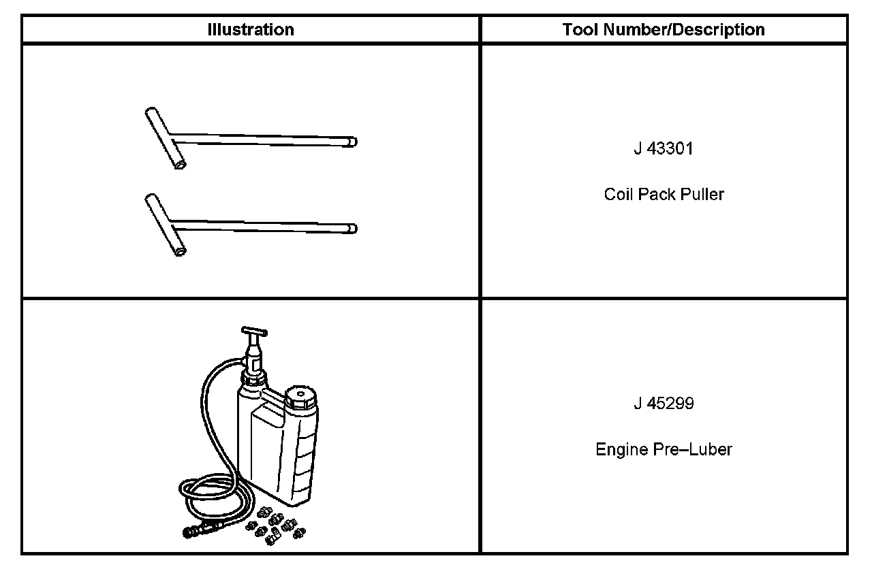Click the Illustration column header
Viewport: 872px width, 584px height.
tap(250, 29)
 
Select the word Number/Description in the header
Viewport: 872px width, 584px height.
tap(684, 29)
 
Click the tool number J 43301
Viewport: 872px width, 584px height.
tap(664, 148)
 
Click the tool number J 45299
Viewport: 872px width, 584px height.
tap(664, 403)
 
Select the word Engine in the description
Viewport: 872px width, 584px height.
tap(622, 449)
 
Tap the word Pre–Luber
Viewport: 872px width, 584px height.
tap(693, 449)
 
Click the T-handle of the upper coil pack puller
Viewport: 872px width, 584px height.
tap(166, 138)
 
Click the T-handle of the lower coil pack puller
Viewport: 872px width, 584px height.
tap(166, 225)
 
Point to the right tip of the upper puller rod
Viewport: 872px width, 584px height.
tap(356, 142)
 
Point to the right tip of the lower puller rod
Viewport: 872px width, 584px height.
tap(356, 229)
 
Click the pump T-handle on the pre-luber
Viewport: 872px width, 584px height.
tap(254, 331)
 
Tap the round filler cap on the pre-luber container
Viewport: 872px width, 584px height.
tap(300, 397)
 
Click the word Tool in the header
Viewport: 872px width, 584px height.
tap(581, 29)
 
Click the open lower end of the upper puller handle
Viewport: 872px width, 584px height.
tap(181, 165)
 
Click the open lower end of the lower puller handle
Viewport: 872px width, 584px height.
tap(181, 252)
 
